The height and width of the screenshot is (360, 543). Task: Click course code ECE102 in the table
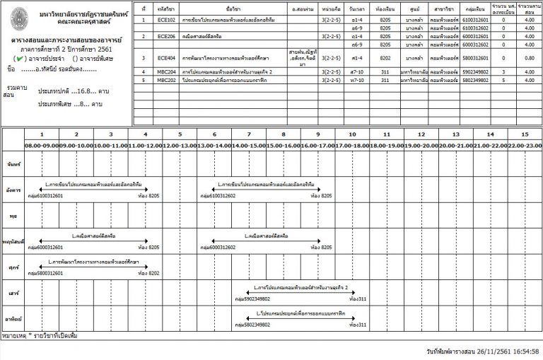(166, 21)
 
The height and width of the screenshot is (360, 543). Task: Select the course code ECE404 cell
(166, 57)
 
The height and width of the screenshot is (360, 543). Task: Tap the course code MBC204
(166, 72)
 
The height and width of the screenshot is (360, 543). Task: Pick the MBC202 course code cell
(166, 80)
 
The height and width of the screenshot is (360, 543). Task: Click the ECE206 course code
(166, 35)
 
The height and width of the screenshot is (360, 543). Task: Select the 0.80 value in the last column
(525, 57)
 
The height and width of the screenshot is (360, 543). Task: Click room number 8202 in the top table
(385, 57)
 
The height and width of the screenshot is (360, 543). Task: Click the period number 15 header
(524, 134)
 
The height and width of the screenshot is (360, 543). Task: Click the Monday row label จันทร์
(11, 164)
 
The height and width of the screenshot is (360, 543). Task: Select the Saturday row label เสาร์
(11, 293)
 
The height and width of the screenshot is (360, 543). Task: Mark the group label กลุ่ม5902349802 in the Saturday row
(252, 299)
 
